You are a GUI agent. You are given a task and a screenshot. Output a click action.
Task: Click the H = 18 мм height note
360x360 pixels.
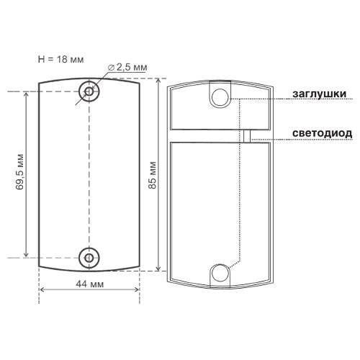point(60,59)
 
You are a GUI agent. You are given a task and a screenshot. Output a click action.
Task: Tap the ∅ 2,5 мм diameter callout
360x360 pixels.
point(127,68)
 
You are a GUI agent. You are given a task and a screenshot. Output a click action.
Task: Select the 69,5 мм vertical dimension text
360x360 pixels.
point(19,172)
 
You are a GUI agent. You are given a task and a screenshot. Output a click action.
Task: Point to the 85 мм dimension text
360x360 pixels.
point(153,175)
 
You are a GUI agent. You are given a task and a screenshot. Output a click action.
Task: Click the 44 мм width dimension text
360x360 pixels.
point(90,284)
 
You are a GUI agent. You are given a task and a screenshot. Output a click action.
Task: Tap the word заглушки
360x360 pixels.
point(320,94)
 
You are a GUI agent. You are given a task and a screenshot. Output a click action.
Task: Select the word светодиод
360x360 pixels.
point(323,133)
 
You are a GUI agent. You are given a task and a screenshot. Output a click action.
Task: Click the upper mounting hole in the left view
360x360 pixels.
point(89,91)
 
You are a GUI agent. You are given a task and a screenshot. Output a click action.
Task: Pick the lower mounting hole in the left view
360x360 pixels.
point(89,258)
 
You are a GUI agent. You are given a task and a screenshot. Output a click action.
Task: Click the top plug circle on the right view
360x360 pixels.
point(220,97)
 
